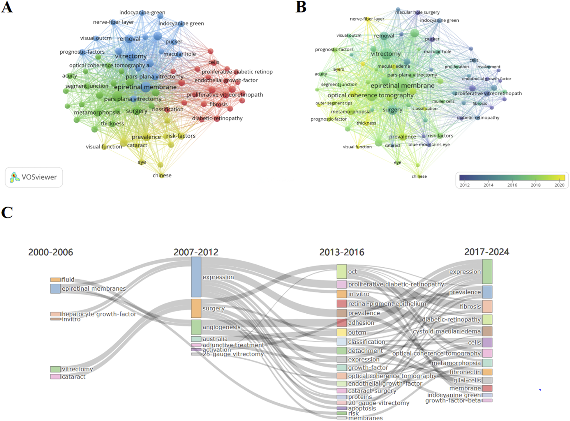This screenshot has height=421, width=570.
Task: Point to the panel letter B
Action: [x=301, y=7]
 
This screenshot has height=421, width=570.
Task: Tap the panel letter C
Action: [x=7, y=212]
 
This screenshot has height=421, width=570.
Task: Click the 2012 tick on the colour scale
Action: [x=464, y=185]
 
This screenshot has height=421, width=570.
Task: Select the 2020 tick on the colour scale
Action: [x=559, y=185]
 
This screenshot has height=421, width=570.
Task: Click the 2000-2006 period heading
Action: [x=51, y=252]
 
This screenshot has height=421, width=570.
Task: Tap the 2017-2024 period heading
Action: [x=487, y=252]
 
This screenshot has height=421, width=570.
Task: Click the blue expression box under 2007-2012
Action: [x=196, y=277]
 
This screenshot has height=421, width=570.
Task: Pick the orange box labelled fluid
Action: [x=55, y=280]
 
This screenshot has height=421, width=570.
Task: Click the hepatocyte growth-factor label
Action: [x=99, y=314]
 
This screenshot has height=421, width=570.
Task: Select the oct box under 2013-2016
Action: [x=342, y=272]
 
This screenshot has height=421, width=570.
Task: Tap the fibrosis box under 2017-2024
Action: [x=487, y=307]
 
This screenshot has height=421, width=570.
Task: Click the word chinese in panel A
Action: [x=162, y=175]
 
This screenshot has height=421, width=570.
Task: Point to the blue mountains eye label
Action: [x=429, y=145]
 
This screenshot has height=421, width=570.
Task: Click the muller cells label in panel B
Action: [x=443, y=101]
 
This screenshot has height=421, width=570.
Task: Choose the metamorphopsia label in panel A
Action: [x=97, y=112]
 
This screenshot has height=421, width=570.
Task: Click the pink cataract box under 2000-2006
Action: [x=55, y=377]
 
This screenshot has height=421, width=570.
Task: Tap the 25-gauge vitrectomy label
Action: [x=233, y=354]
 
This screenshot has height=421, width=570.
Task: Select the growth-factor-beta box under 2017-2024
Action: [x=487, y=401]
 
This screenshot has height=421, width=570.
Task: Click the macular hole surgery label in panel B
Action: [x=417, y=12]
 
